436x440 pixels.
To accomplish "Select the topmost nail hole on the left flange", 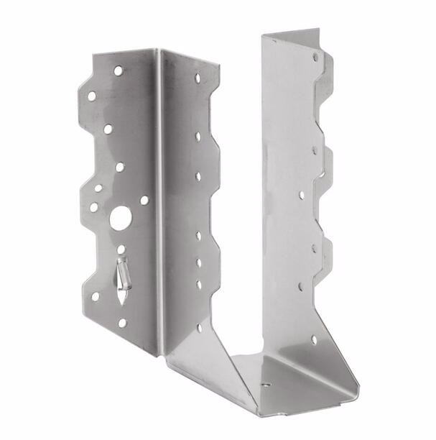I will [x=118, y=70].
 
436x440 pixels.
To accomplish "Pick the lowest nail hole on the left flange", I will [x=122, y=323].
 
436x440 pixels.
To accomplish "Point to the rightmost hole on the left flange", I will [x=144, y=201].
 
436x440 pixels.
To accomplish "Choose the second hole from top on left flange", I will [x=92, y=95].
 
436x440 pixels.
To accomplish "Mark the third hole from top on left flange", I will [x=108, y=129].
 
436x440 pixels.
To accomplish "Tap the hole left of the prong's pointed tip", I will [x=95, y=295].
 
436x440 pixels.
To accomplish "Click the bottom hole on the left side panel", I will [x=200, y=327].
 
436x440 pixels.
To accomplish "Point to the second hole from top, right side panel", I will [x=315, y=150].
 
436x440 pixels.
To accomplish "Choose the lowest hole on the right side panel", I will [x=314, y=338].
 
